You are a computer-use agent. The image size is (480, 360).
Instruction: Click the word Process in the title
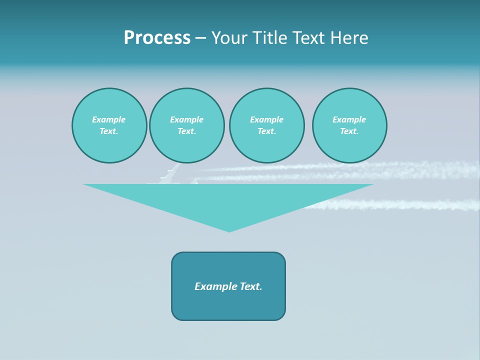click(157, 38)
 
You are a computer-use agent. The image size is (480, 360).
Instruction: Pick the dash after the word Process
click(200, 39)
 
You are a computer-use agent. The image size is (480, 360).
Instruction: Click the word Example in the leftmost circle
click(109, 119)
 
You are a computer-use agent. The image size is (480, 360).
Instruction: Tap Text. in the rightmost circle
click(349, 131)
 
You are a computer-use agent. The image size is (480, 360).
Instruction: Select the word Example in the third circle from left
click(266, 119)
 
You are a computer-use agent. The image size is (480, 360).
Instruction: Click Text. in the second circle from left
click(186, 131)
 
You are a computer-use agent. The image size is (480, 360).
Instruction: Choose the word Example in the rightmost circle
click(349, 119)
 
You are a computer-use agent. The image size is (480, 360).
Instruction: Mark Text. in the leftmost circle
click(109, 131)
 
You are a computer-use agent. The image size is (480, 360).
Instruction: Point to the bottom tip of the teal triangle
click(229, 231)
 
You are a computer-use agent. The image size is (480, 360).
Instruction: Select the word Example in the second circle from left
click(186, 119)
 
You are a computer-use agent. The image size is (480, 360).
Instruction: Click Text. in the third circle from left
click(266, 131)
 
